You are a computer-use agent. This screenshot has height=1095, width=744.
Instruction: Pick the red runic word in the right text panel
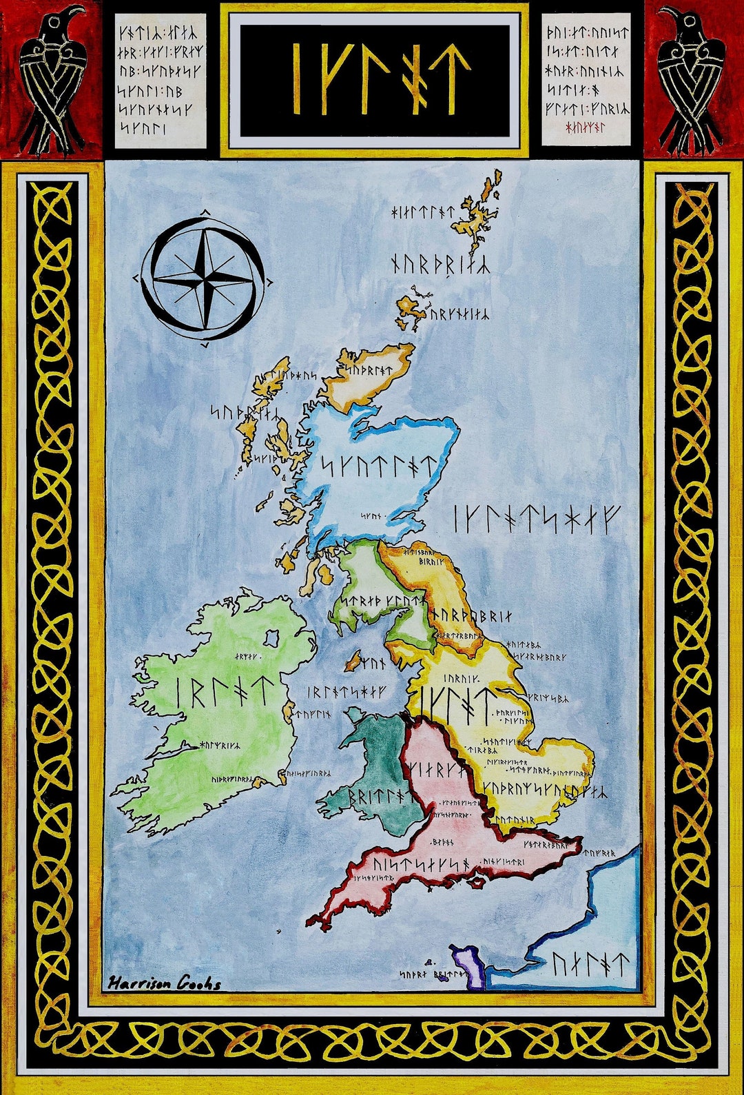click(585, 127)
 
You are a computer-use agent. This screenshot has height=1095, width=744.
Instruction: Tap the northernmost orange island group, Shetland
click(475, 210)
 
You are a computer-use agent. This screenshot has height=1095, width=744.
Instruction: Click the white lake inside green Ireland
click(272, 637)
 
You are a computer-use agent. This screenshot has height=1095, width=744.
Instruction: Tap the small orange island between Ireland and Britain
click(353, 663)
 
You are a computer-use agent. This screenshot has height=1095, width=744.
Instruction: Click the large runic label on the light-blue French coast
click(590, 965)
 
